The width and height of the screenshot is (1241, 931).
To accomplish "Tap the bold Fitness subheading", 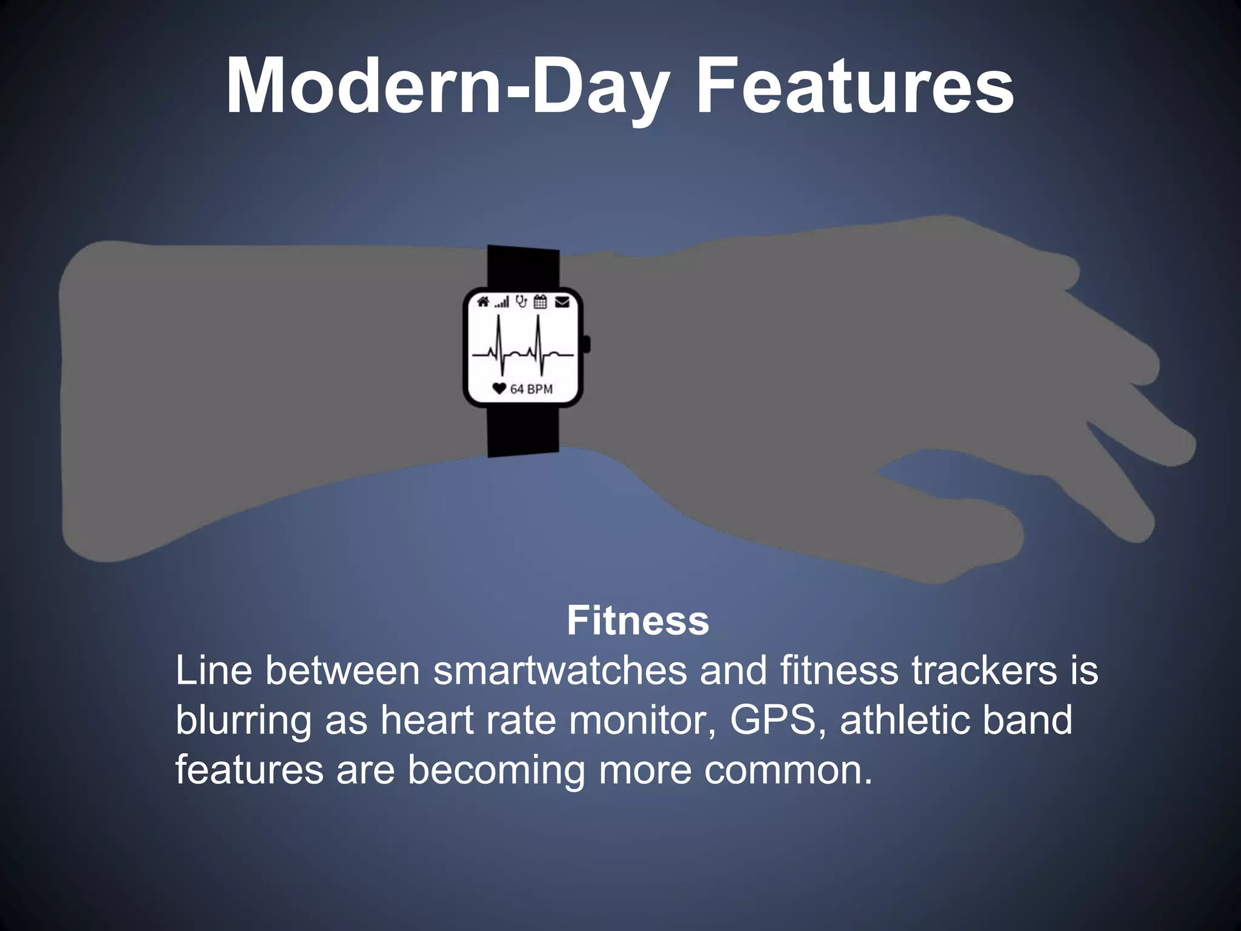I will pos(637,621).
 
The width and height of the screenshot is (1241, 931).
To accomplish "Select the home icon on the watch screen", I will pos(483,301).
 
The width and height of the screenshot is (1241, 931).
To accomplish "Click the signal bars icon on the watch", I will pos(502,302).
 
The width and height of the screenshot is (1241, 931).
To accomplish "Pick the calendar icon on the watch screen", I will pos(541,301).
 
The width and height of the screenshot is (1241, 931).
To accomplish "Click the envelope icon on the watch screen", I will pos(562,301).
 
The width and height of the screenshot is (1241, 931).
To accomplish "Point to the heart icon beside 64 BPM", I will pos(499,389).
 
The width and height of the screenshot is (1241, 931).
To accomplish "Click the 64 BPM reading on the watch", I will pos(531,389).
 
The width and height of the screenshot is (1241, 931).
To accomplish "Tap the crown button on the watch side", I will pos(587,344).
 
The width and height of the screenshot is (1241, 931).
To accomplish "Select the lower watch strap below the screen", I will pos(523,430).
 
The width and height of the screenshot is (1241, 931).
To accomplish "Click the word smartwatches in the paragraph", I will pos(560,670).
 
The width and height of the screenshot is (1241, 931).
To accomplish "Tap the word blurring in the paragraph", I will pos(242,720).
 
